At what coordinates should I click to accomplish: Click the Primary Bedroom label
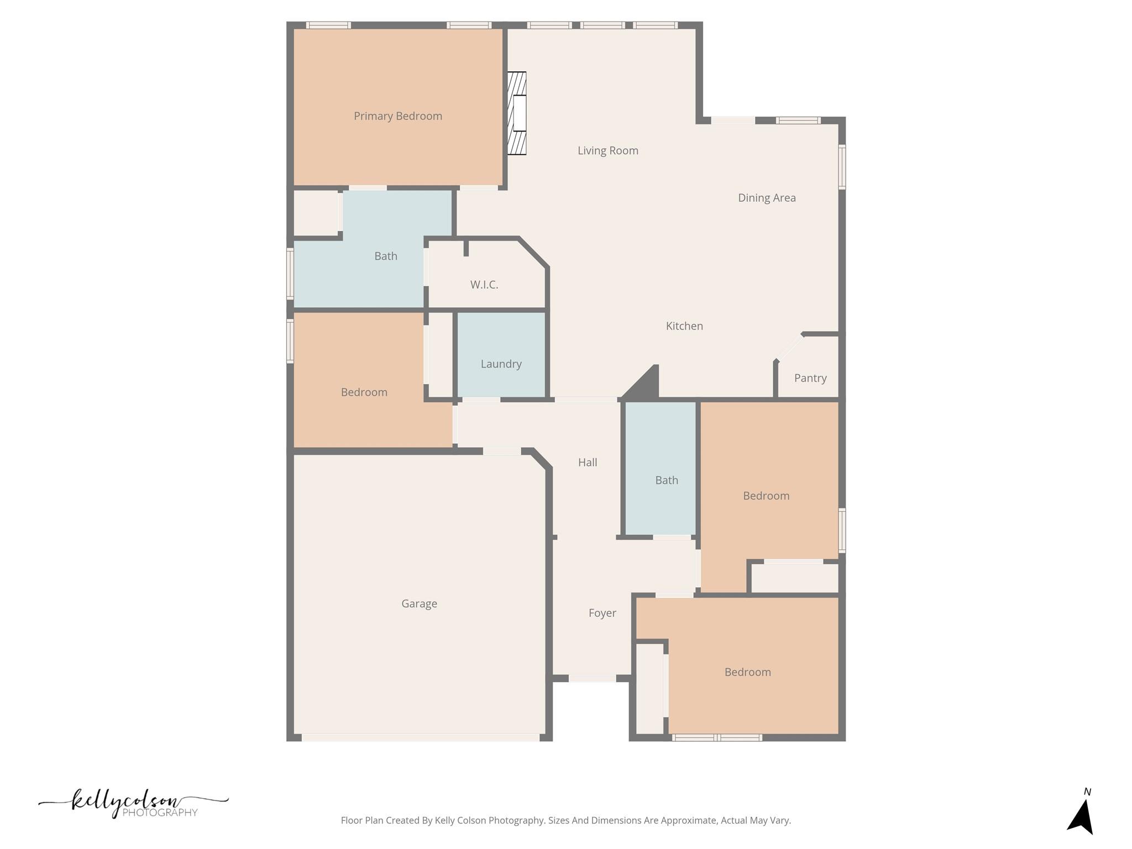398,116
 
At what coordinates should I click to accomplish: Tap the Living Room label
607,150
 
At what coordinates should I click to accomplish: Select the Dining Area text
767,198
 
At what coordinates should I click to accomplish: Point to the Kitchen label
684,326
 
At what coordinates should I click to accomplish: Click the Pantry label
810,378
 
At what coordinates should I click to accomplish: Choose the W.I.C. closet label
484,285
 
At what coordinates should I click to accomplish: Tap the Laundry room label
501,364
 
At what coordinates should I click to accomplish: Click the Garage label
419,604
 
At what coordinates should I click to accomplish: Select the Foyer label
602,613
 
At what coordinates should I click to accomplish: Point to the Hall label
588,462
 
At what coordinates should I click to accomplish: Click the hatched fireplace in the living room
517,113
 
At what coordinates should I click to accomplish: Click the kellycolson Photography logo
133,804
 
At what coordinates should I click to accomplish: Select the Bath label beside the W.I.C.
386,256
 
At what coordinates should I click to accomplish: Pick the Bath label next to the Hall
667,480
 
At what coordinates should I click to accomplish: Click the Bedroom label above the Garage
364,392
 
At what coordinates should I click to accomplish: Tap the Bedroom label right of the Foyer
747,672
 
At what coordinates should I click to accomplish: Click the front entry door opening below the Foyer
592,678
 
